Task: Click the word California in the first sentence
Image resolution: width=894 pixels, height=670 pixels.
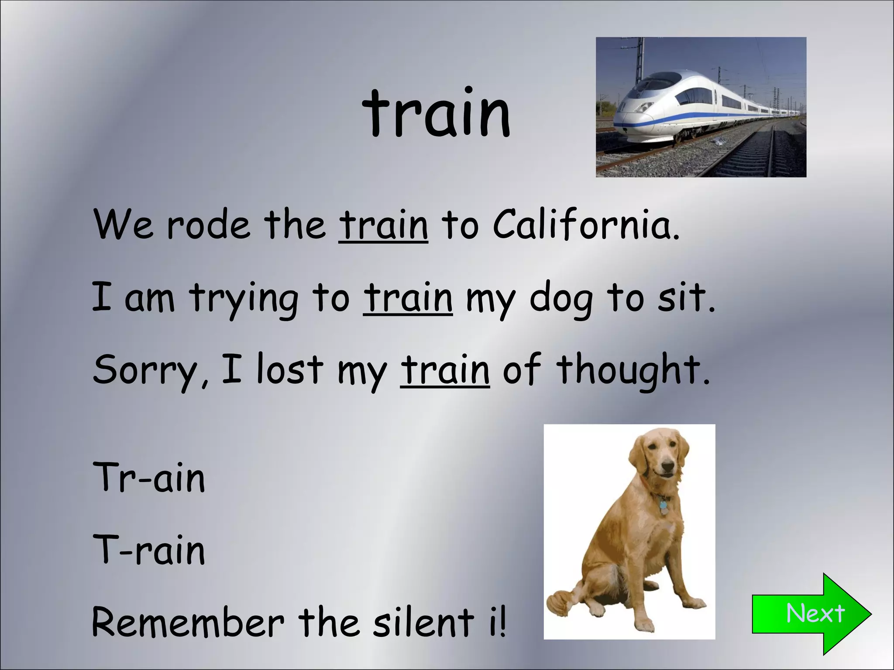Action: pyautogui.click(x=586, y=225)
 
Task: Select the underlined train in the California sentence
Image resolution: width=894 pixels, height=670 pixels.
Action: pyautogui.click(x=383, y=225)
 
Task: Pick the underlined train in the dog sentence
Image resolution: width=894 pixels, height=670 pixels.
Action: pyautogui.click(x=408, y=298)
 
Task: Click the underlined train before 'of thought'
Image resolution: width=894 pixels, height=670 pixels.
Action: pyautogui.click(x=445, y=370)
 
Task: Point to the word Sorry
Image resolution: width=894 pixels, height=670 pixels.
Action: pyautogui.click(x=146, y=370)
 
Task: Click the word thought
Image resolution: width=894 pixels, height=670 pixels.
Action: pyautogui.click(x=633, y=370)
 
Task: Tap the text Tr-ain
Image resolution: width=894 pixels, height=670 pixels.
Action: pyautogui.click(x=149, y=478)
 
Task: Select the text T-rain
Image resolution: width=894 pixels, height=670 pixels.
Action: pyautogui.click(x=149, y=550)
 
